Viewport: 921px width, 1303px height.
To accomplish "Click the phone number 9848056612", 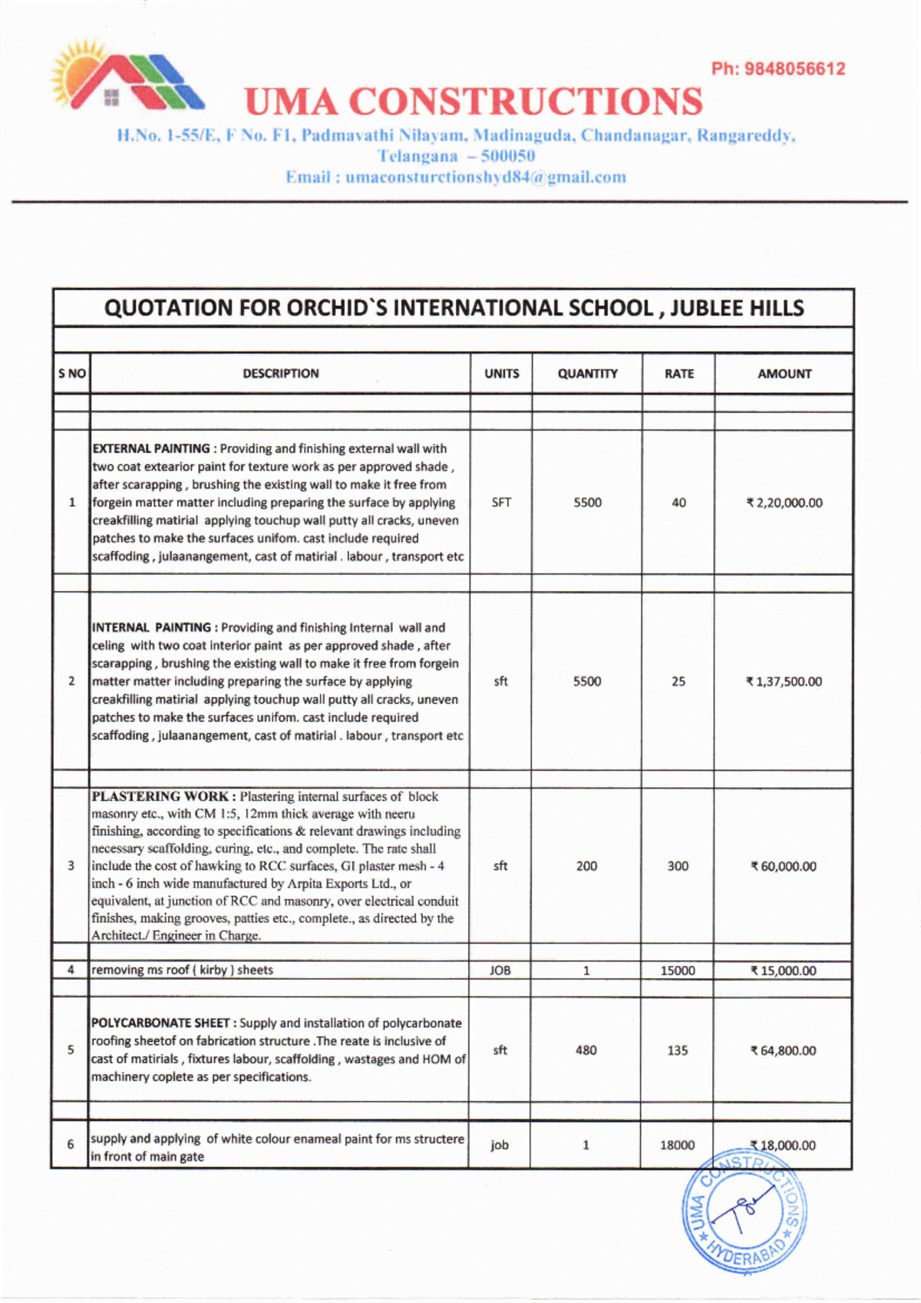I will pyautogui.click(x=794, y=69).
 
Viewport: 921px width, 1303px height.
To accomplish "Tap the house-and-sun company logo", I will pyautogui.click(x=126, y=78).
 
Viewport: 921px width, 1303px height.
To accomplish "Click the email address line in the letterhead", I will pyautogui.click(x=456, y=177).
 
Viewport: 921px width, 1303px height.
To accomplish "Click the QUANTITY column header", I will pyautogui.click(x=587, y=374).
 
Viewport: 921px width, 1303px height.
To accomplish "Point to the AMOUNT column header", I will pyautogui.click(x=784, y=374).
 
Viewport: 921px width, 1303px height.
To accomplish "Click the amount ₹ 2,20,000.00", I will pyautogui.click(x=784, y=503).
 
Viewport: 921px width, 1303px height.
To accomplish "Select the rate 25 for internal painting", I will pyautogui.click(x=678, y=681).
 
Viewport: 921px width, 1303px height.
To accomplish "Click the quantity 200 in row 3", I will pyautogui.click(x=586, y=866).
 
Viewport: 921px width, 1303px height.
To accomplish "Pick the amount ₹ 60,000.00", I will pyautogui.click(x=783, y=866).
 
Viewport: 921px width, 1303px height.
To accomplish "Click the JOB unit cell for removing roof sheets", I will pyautogui.click(x=500, y=971).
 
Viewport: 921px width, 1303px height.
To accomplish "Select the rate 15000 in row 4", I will pyautogui.click(x=678, y=971).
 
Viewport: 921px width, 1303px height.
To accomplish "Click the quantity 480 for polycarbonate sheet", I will pyautogui.click(x=586, y=1050).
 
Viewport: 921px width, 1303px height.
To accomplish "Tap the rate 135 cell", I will pyautogui.click(x=677, y=1050).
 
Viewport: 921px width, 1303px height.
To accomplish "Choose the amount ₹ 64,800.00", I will pyautogui.click(x=783, y=1050).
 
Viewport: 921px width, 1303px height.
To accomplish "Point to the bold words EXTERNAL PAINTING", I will pyautogui.click(x=151, y=448).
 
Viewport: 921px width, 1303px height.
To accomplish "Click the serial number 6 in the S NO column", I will pyautogui.click(x=71, y=1145).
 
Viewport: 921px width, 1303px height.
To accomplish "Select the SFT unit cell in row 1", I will pyautogui.click(x=501, y=503).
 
